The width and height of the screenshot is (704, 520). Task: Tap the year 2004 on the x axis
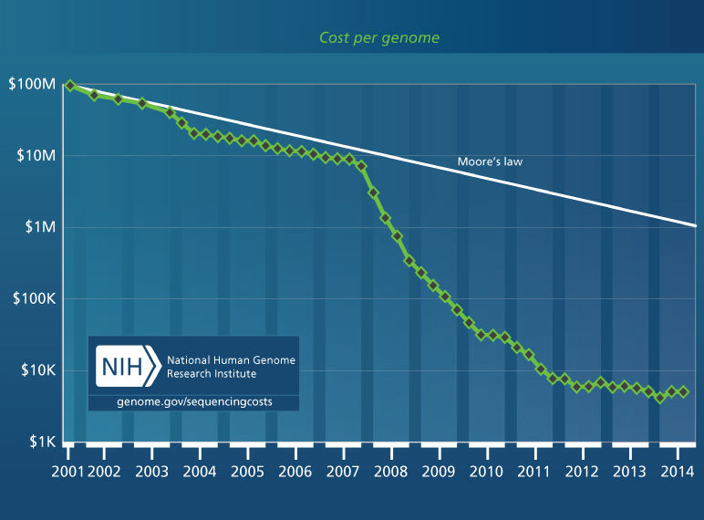point(199,472)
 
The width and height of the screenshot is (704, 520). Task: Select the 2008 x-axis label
point(389,472)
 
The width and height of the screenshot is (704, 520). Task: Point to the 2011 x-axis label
point(533,472)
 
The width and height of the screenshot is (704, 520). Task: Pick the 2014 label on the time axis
point(676,472)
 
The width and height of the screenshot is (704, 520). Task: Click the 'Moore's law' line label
point(490,162)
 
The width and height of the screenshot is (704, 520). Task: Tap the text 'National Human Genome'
point(230,360)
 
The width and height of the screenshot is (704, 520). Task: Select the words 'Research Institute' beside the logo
point(211,374)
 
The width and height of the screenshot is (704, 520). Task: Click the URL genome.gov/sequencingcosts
point(193,401)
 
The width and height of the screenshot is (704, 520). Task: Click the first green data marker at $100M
point(69,86)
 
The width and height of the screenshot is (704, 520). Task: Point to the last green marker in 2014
point(684,392)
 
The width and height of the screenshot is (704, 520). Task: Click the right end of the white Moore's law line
point(695,224)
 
